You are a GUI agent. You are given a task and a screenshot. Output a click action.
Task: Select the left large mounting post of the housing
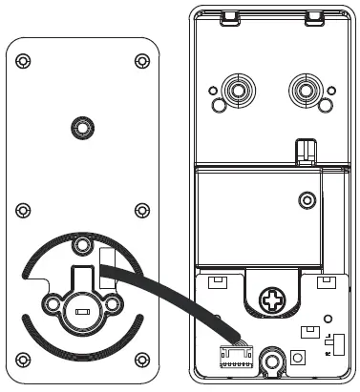click(234, 93)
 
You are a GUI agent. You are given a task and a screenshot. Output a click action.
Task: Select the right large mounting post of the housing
click(306, 93)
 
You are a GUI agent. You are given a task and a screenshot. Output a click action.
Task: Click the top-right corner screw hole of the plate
click(142, 61)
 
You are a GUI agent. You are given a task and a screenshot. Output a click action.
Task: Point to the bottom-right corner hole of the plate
click(142, 360)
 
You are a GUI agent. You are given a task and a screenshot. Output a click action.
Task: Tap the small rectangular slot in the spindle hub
click(81, 311)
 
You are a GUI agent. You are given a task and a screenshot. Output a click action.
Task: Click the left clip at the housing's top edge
click(228, 16)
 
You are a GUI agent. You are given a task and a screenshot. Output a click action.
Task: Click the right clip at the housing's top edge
click(311, 16)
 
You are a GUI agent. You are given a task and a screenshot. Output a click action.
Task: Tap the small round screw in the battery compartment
click(306, 200)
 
